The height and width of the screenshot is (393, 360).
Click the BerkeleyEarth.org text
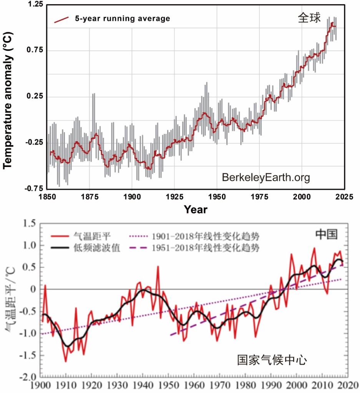(265, 178)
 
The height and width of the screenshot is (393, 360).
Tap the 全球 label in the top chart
(309, 18)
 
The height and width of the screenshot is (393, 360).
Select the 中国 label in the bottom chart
(327, 234)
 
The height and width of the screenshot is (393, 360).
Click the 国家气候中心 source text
(271, 360)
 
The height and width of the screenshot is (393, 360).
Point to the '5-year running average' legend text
(122, 18)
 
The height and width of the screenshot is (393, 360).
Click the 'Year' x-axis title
(195, 210)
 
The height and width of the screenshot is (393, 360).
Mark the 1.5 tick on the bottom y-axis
(31, 224)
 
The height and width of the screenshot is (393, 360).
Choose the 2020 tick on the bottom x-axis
(348, 385)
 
